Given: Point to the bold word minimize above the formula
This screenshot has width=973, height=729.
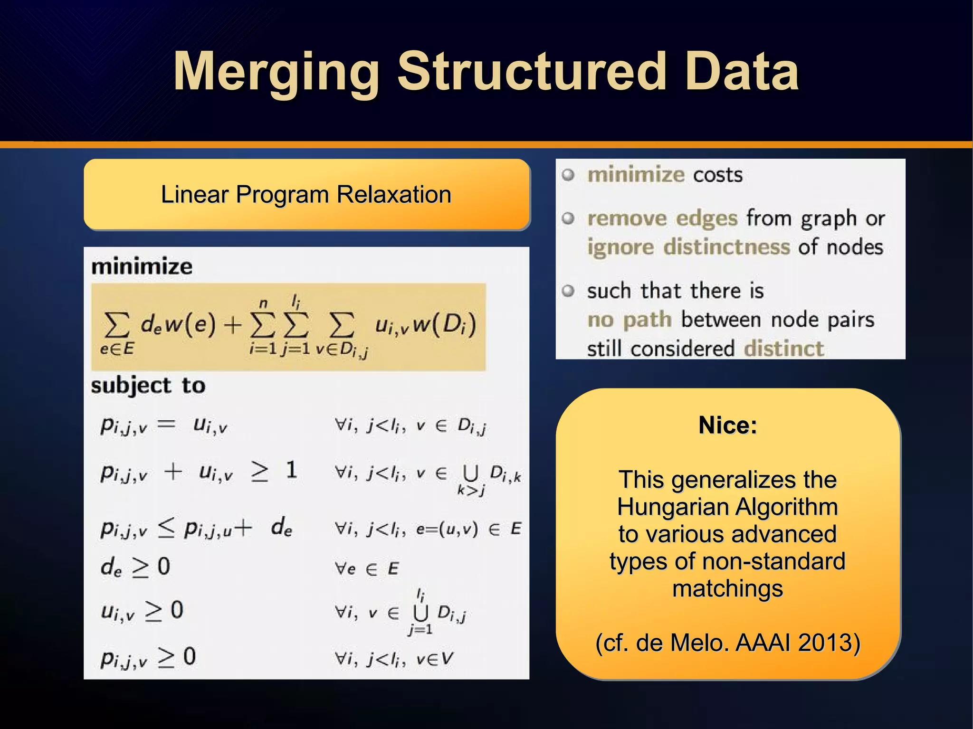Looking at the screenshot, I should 142,266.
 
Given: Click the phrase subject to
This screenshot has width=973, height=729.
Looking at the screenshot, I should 148,385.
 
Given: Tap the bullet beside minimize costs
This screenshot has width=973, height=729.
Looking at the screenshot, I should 568,175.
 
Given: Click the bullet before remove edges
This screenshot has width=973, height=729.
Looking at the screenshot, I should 568,218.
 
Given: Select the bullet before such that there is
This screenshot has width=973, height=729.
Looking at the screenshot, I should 568,291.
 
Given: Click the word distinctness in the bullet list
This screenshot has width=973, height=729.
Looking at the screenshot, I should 726,247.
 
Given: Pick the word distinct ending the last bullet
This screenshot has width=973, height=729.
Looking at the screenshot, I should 783,349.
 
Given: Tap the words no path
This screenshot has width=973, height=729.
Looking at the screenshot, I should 629,320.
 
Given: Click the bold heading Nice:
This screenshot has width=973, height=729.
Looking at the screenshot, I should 727,425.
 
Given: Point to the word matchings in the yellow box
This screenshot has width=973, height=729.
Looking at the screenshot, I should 727,589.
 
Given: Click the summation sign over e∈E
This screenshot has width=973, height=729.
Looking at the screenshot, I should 117,325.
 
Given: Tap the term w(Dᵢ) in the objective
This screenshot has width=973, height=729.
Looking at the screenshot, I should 444,325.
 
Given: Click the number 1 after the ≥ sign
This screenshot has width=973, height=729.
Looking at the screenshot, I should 291,470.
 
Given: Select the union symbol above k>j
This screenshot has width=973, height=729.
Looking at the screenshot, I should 470,473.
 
